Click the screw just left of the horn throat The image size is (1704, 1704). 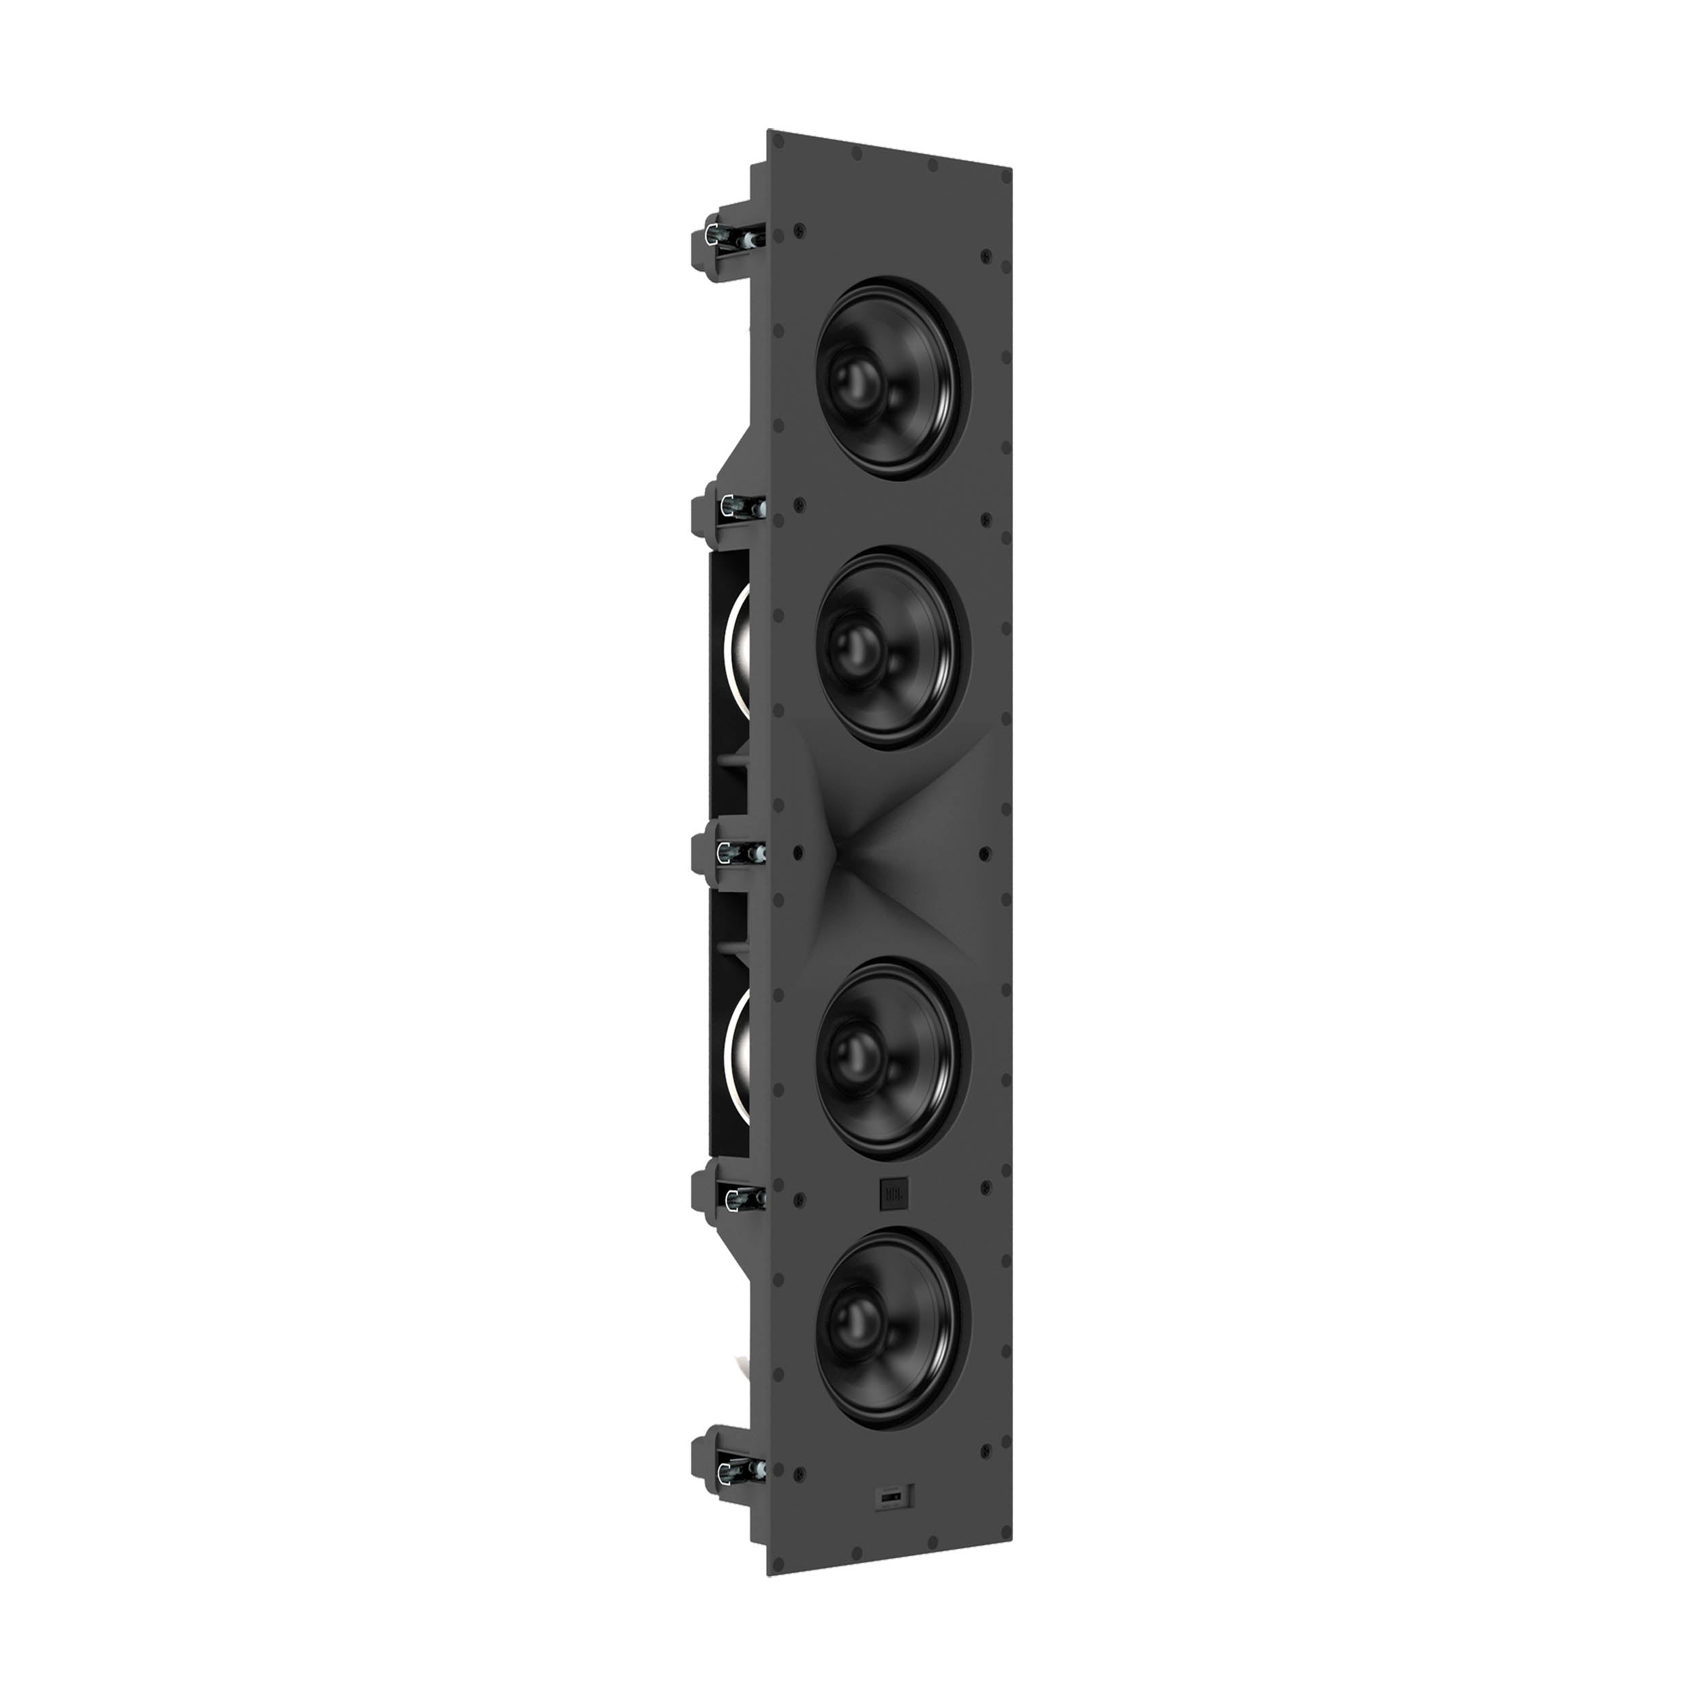(798, 854)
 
